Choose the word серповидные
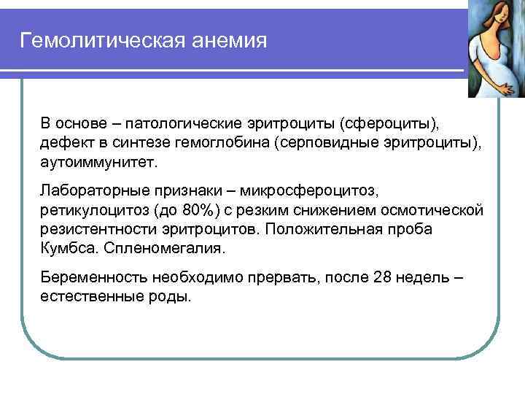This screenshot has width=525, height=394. coord(324,141)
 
